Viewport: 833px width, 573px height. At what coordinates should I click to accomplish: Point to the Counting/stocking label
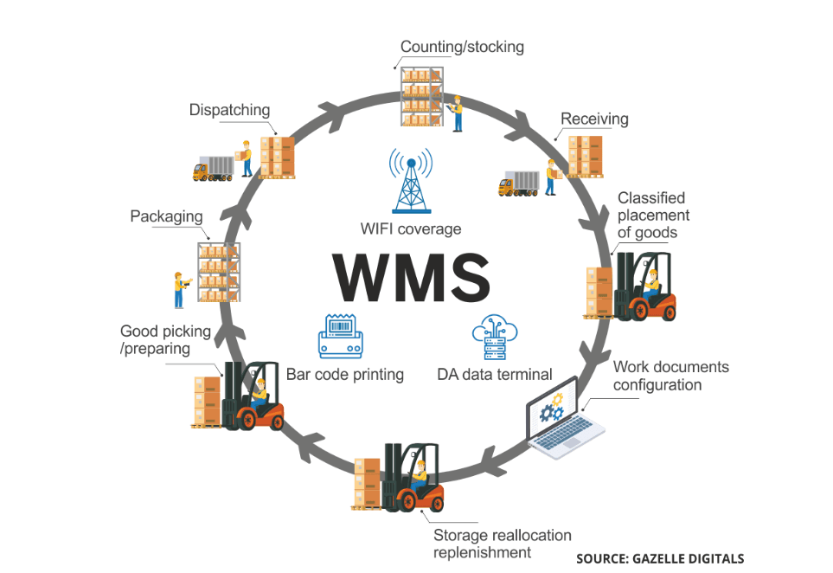point(462,47)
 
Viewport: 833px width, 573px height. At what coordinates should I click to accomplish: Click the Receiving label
point(594,119)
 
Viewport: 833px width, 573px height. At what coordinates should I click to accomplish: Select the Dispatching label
point(229,110)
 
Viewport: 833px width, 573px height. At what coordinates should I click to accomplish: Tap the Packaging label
point(166,216)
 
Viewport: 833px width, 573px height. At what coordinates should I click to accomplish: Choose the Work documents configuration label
point(670,376)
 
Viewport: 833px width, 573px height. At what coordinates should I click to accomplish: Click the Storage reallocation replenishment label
point(503,544)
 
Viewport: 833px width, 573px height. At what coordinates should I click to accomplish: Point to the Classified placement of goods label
point(653,215)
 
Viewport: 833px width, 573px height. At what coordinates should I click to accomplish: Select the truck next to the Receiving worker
point(519,183)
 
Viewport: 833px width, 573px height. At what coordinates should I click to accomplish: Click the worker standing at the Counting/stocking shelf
point(457,113)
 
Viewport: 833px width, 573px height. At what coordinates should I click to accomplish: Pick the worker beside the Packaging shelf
point(179,289)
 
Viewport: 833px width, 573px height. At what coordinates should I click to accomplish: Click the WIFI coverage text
point(411,229)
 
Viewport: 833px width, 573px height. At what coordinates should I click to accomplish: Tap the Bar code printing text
point(345,375)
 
